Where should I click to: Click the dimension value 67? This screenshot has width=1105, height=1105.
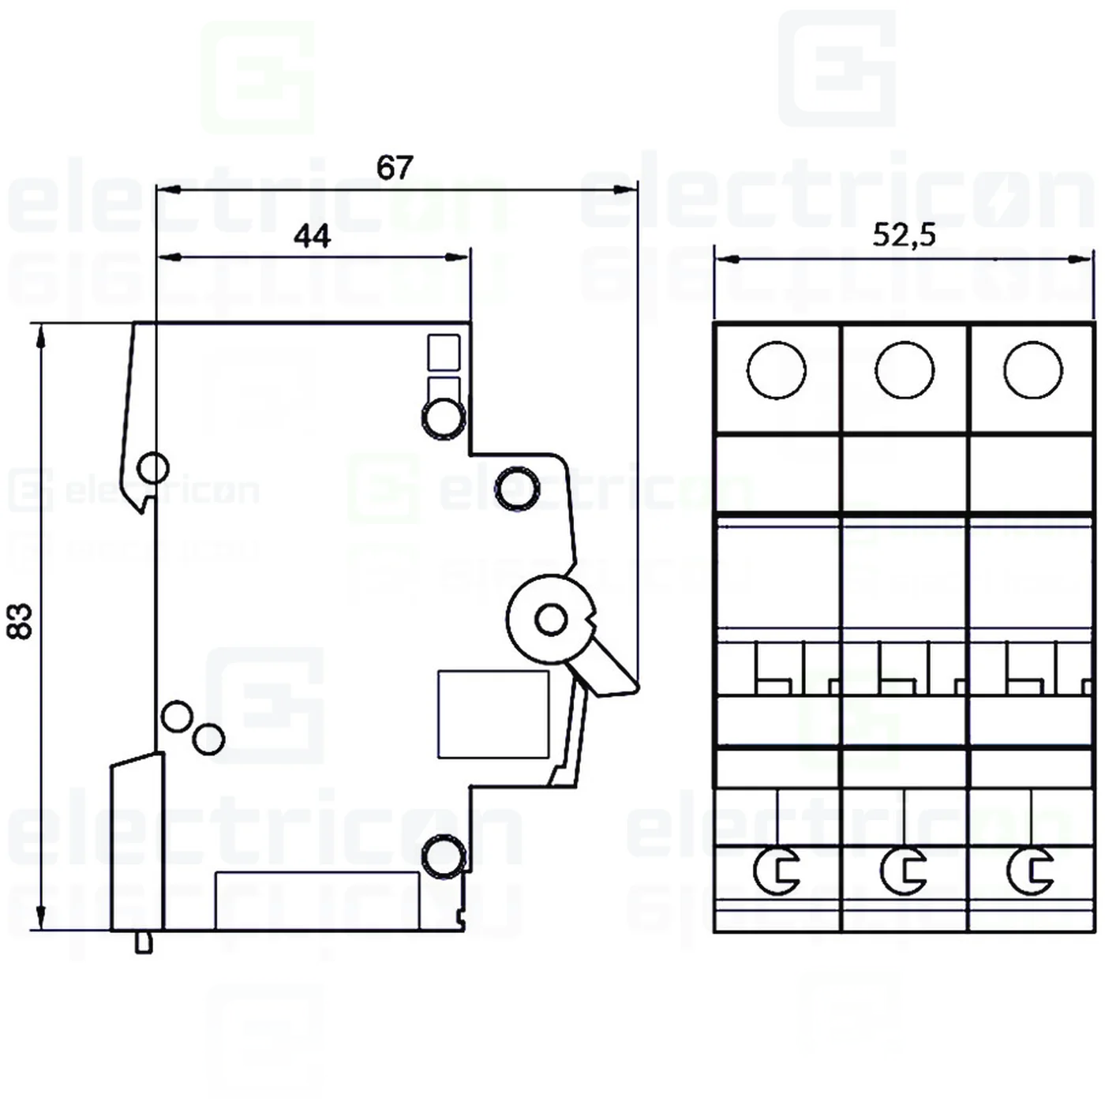(394, 167)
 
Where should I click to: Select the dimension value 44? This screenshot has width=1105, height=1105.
(312, 236)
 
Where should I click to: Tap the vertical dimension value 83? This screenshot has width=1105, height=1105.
(21, 621)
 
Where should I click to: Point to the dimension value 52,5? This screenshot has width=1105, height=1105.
(904, 235)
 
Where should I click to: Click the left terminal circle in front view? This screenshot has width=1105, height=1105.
(776, 370)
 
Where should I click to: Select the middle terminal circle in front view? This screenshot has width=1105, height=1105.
(905, 370)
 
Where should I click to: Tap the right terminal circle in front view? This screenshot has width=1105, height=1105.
(1032, 370)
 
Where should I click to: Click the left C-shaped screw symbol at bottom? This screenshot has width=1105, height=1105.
(777, 871)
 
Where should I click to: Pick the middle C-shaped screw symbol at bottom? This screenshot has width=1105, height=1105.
(904, 871)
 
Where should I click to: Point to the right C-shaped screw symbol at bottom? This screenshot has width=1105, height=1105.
(1031, 871)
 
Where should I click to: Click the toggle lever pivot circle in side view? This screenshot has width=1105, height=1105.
(551, 620)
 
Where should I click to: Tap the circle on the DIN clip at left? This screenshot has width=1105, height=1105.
(152, 467)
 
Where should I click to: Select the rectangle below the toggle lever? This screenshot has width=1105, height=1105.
(493, 714)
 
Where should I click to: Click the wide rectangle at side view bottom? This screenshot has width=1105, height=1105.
(317, 901)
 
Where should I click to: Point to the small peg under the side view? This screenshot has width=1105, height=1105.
(144, 942)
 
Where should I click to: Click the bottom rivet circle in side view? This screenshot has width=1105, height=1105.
(442, 856)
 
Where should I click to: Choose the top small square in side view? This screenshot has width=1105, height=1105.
(444, 352)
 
